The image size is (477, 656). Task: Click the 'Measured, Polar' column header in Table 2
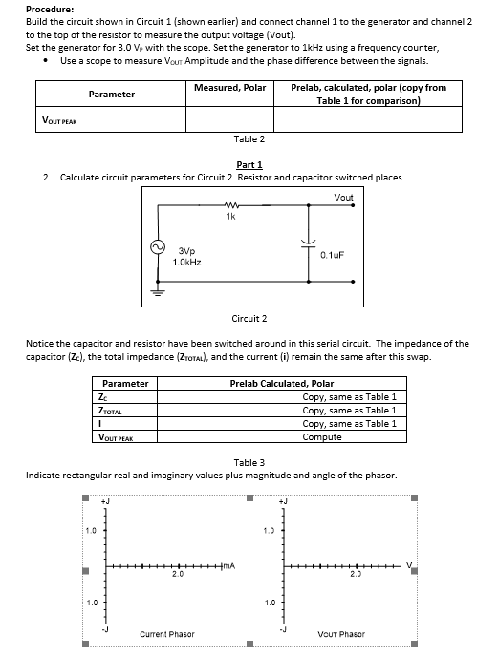(229, 88)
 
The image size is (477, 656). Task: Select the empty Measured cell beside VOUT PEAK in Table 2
(229, 119)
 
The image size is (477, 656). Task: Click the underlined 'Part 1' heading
(248, 164)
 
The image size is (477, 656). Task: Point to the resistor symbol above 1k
(229, 204)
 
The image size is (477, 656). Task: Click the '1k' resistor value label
(230, 217)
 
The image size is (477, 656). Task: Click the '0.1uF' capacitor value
(333, 255)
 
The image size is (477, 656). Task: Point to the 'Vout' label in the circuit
(344, 197)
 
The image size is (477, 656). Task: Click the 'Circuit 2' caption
(249, 317)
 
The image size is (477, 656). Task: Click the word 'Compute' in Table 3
(322, 437)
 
